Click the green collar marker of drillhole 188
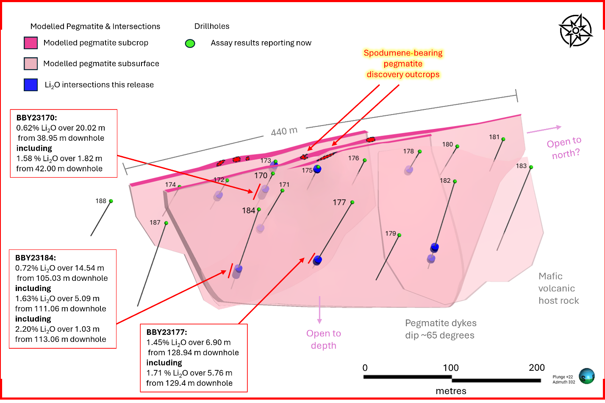coord(111,201)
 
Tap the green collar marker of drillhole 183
coord(531,167)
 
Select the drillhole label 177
coord(339,202)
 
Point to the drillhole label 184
coord(249,210)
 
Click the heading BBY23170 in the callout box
coord(34,118)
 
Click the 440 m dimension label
coord(284,131)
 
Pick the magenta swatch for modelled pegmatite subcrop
coord(31,43)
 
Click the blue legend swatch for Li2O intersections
coord(31,85)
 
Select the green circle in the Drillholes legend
coord(190,43)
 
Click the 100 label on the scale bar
coord(451,368)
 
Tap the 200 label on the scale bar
coord(537,368)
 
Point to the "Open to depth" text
coord(324,339)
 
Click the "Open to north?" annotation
coord(564,148)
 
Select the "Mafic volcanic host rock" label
coord(558,288)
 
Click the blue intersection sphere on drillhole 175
coord(317,169)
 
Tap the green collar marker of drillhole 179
coord(399,235)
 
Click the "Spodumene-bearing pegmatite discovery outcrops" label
coord(403,64)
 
